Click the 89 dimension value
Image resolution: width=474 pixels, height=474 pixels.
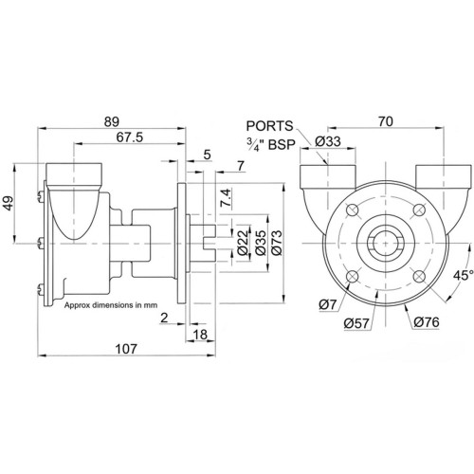click(112, 122)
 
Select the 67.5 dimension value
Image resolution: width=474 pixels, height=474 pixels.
click(130, 137)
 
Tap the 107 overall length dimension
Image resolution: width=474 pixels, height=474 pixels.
click(126, 349)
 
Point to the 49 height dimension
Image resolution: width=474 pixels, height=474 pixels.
click(9, 203)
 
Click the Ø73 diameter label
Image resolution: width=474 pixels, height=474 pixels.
click(277, 243)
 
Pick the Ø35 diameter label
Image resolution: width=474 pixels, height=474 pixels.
click(261, 243)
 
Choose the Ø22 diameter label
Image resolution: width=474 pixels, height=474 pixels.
click(244, 243)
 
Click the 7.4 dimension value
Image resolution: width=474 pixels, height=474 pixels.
click(227, 198)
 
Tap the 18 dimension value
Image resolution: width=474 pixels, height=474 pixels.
click(200, 335)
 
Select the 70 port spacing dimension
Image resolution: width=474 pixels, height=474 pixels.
click(386, 121)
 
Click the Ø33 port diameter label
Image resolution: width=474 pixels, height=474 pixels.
click(328, 141)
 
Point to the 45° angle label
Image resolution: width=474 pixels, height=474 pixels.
click(464, 275)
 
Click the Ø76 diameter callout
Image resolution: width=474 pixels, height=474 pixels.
click(427, 322)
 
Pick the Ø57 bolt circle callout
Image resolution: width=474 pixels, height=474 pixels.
click(356, 323)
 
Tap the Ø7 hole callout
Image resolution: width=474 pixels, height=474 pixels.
click(328, 305)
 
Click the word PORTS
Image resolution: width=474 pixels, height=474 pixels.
click(269, 126)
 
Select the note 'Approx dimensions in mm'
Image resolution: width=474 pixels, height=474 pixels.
click(111, 305)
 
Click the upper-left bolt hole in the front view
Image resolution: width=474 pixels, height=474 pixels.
click(352, 210)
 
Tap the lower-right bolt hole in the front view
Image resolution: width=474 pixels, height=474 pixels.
click(419, 277)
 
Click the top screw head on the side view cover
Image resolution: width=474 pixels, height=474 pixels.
click(40, 197)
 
